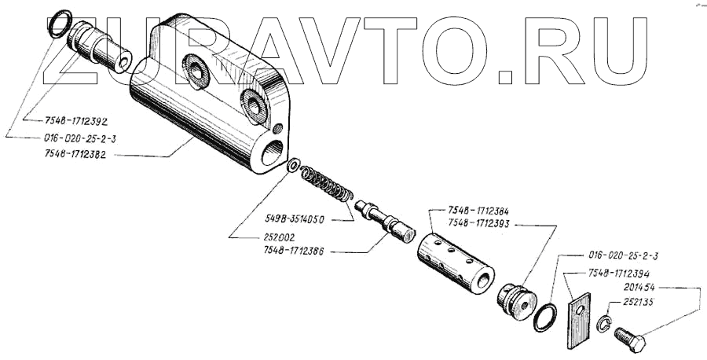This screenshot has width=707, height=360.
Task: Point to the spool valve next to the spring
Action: tap(384, 219)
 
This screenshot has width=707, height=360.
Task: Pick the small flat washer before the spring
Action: tap(293, 166)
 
